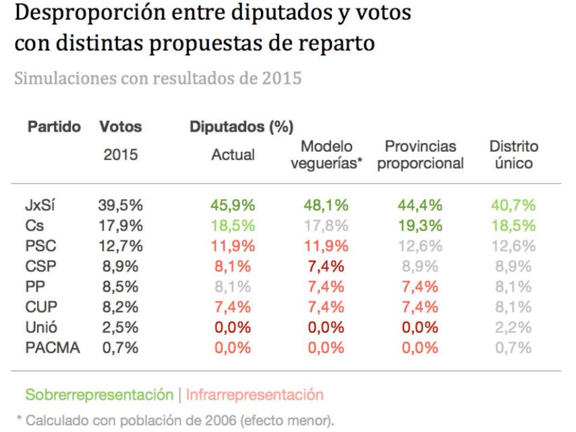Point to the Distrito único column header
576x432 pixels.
click(513, 155)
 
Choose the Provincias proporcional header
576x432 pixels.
click(422, 155)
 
